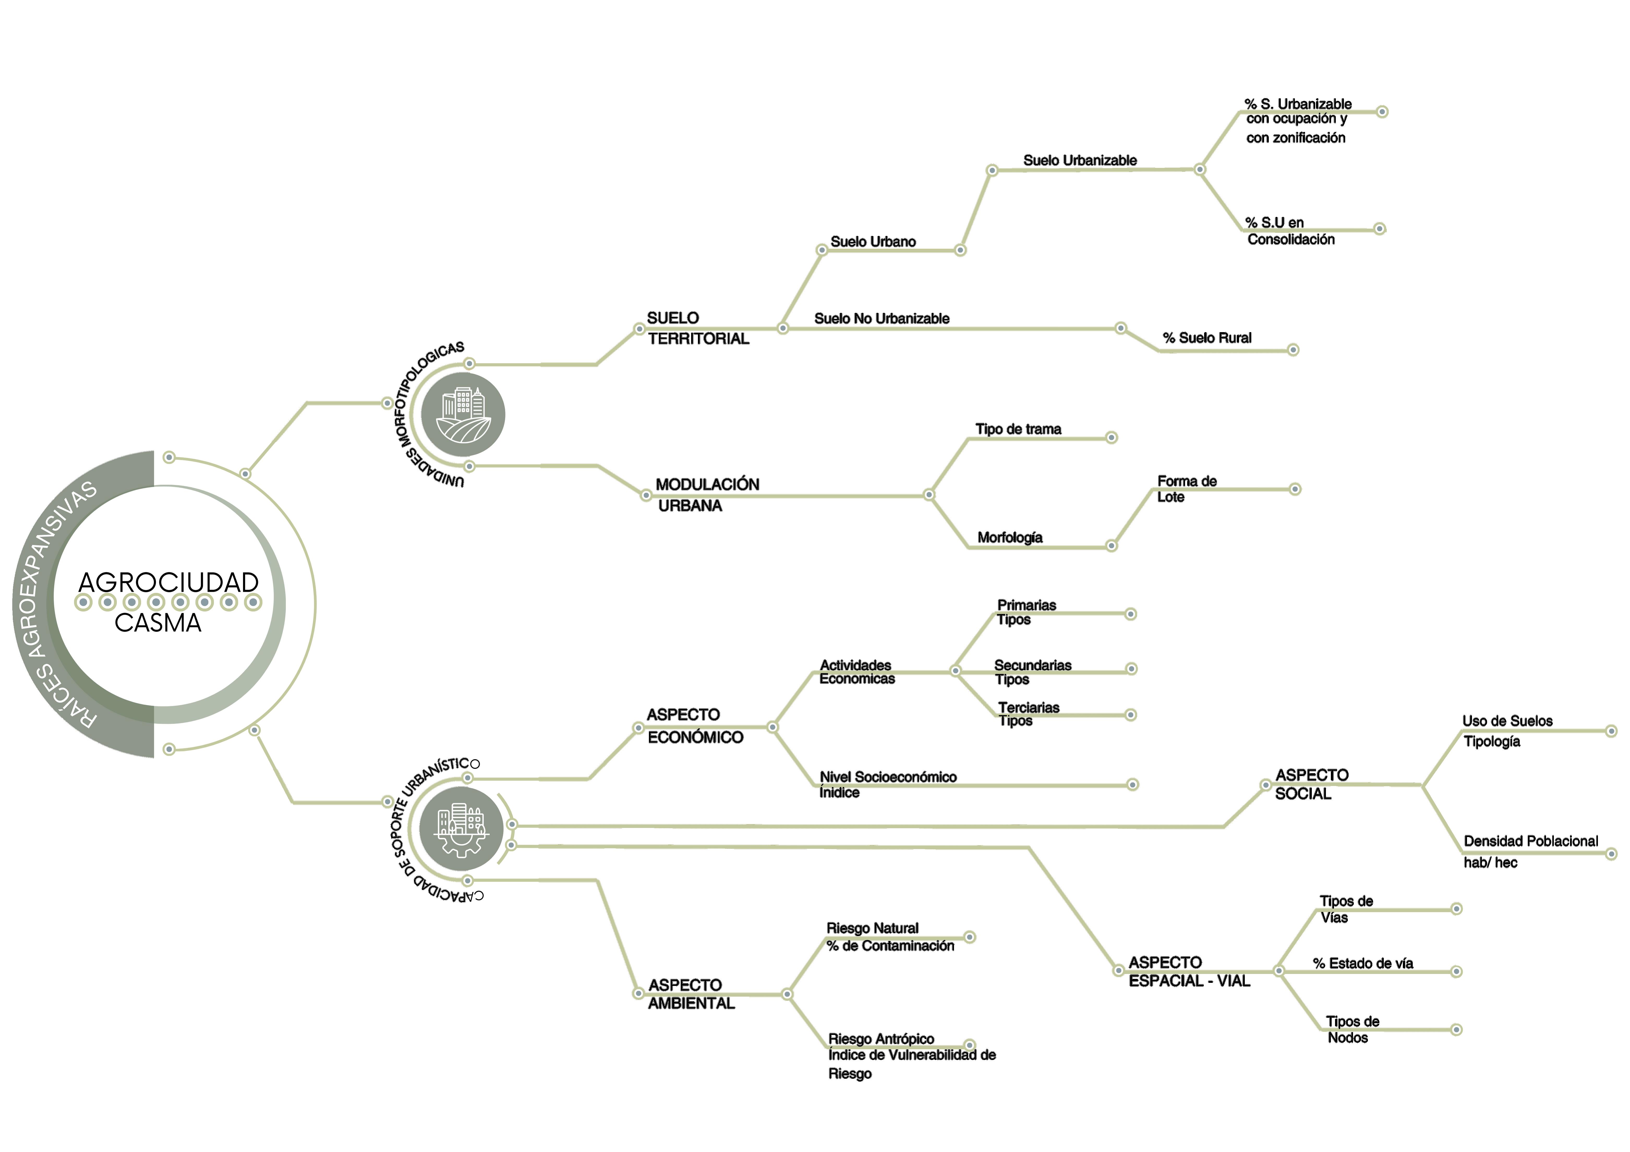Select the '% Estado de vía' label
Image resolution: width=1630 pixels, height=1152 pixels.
1362,963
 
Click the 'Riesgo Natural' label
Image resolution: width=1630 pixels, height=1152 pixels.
872,928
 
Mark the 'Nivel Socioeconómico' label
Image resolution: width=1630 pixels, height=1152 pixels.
888,777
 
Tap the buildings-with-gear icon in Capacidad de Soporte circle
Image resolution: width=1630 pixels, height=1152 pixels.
461,828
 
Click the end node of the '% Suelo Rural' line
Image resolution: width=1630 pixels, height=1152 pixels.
1293,350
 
